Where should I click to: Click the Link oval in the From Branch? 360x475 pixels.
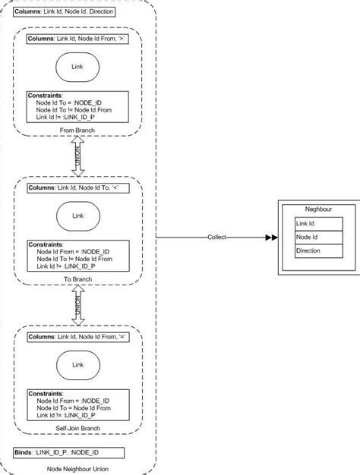point(77,67)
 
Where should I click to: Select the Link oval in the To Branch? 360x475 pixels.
point(77,215)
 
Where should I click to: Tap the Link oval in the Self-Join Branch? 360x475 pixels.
point(77,365)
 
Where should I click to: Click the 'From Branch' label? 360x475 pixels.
point(77,130)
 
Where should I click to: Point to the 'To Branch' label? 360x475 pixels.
point(77,279)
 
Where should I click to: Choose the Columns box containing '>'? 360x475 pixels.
point(77,38)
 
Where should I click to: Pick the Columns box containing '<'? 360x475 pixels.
point(77,187)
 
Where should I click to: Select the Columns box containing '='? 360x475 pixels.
point(77,336)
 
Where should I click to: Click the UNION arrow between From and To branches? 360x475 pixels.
point(77,158)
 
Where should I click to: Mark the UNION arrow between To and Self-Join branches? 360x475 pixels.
point(77,307)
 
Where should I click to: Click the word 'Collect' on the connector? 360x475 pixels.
point(217,237)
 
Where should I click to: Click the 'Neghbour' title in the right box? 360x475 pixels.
point(317,209)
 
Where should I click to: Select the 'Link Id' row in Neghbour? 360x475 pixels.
point(317,223)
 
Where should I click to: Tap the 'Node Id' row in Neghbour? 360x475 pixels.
point(317,237)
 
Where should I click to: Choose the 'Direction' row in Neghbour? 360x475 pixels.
point(317,250)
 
